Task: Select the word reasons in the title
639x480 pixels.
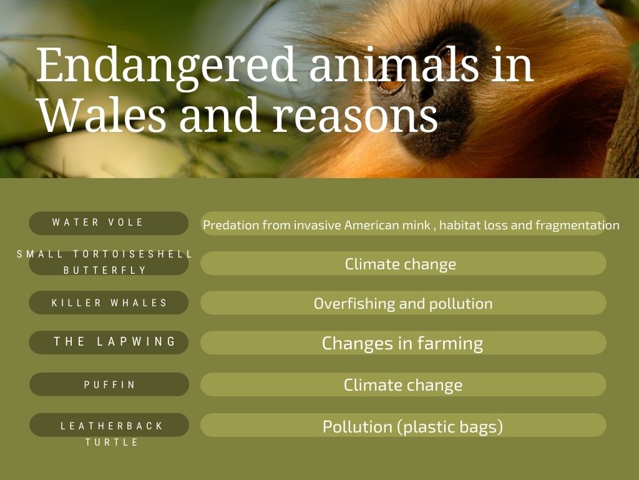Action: pos(356,118)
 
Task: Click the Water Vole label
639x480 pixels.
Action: pos(98,222)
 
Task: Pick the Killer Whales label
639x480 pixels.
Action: pos(109,303)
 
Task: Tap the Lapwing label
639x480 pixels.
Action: pos(115,342)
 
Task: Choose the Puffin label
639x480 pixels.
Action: pos(109,384)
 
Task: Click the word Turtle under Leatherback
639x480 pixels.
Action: pos(112,442)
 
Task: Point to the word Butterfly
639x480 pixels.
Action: pos(105,270)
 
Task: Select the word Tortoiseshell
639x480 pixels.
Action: pos(132,254)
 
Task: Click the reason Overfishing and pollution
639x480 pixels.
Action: pos(403,304)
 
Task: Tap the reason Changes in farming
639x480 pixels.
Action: pos(402,344)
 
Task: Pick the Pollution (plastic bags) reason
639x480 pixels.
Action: pos(412,427)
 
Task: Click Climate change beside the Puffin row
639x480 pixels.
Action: pos(403,385)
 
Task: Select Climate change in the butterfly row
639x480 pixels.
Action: pos(401,264)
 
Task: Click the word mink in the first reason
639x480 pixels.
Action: pos(417,225)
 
